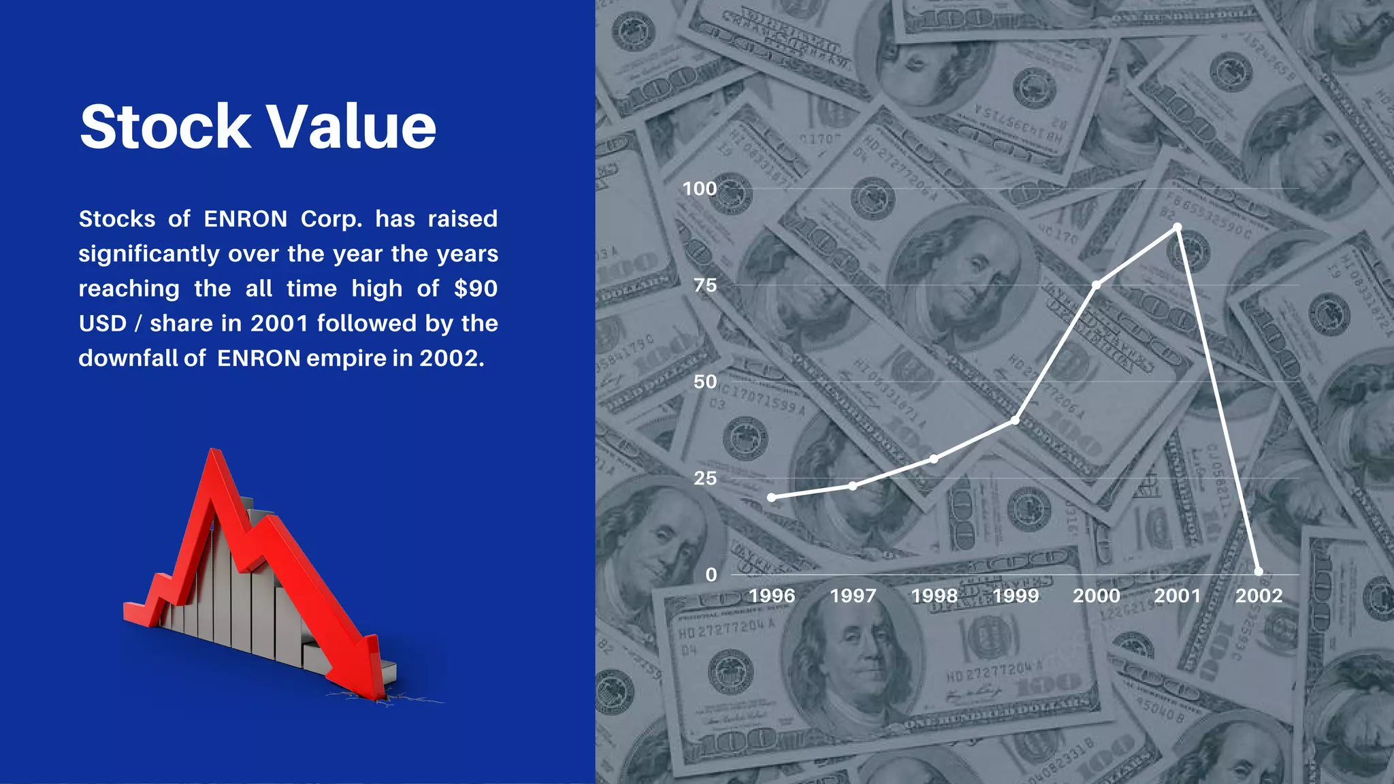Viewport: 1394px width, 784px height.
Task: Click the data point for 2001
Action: tap(1178, 227)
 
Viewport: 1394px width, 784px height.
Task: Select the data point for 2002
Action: tap(1259, 572)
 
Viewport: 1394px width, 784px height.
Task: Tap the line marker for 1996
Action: tap(771, 497)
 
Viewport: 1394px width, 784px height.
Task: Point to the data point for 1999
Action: tap(1015, 421)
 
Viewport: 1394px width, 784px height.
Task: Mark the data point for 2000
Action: tap(1097, 285)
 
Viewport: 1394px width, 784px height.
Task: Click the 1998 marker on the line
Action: tap(934, 459)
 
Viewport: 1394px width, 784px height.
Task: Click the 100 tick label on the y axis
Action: tap(700, 189)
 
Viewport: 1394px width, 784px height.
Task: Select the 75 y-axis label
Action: tap(705, 285)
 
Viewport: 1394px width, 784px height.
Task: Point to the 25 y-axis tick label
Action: tap(705, 478)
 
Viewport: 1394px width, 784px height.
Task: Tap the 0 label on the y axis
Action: tap(711, 575)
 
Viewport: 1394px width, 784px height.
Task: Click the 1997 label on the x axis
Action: tap(853, 596)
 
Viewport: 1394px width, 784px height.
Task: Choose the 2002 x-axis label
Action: tap(1259, 596)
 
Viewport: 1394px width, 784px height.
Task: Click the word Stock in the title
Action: tap(165, 127)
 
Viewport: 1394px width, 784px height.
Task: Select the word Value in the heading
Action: tap(351, 127)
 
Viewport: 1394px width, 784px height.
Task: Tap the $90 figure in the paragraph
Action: tap(476, 289)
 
